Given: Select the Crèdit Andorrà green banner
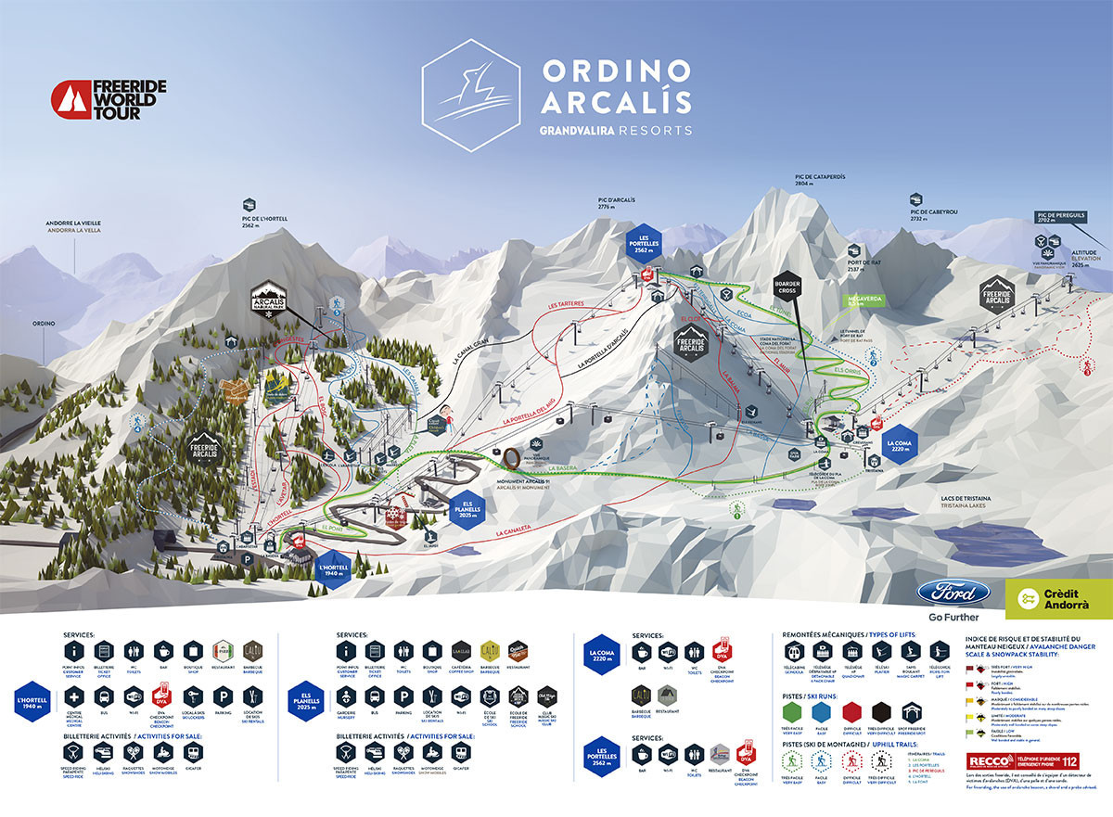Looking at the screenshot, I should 1057,598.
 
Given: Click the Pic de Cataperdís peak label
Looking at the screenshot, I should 819,180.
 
